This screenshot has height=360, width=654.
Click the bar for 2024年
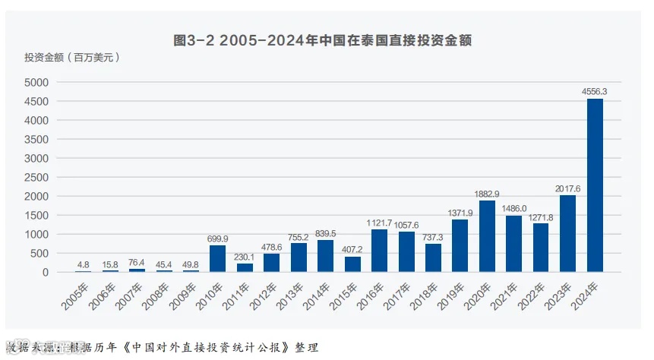(x=595, y=185)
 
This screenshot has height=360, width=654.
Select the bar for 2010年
(x=217, y=259)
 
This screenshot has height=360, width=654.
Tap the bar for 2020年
(x=487, y=236)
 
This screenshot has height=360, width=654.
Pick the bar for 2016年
(x=379, y=251)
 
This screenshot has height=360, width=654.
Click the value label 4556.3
(x=595, y=91)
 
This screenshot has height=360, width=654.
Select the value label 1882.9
(x=487, y=193)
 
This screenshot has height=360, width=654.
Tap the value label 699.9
(x=217, y=238)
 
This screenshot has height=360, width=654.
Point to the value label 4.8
(x=83, y=265)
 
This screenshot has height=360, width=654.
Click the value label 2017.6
(x=567, y=188)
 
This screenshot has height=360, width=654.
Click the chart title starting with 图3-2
(x=323, y=40)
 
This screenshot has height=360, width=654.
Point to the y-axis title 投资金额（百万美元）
(x=72, y=57)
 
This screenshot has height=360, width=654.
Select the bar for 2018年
(x=433, y=257)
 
